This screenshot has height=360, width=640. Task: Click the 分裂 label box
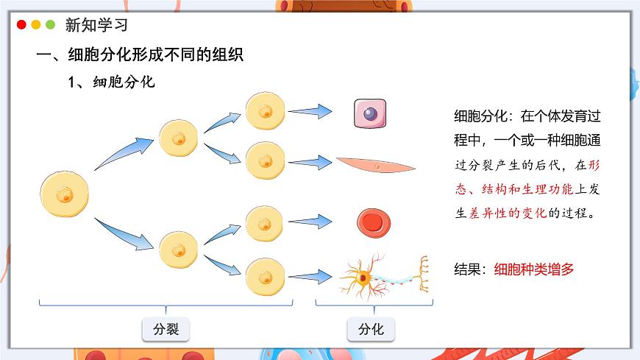[166, 329]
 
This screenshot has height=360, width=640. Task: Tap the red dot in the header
[21, 25]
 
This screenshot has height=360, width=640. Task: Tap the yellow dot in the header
[36, 25]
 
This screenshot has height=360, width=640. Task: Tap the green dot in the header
[50, 25]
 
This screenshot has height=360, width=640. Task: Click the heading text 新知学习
[96, 25]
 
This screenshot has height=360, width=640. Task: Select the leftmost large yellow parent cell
[65, 195]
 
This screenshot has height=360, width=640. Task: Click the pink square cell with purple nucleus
[370, 114]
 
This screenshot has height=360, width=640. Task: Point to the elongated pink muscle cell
[375, 166]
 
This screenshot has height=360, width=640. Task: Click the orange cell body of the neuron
[363, 279]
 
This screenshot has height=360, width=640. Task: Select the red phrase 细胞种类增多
[534, 269]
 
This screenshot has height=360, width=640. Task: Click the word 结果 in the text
[469, 269]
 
